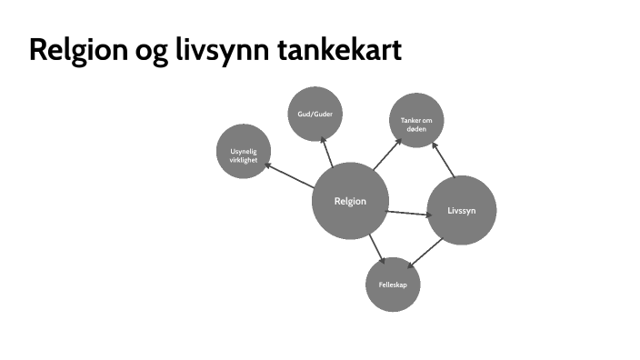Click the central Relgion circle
click(x=350, y=201)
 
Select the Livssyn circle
click(x=462, y=210)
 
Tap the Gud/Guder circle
click(x=315, y=115)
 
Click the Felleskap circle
click(x=393, y=285)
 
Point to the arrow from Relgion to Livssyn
click(x=407, y=214)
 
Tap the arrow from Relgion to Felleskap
click(x=375, y=248)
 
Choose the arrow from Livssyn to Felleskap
click(x=424, y=255)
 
